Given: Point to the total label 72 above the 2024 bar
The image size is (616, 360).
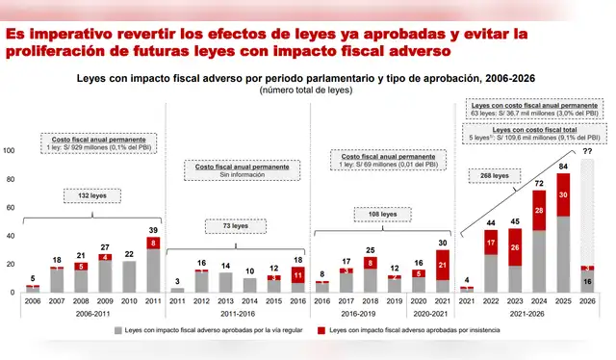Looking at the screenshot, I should (539, 183).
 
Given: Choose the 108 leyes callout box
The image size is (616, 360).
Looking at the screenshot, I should (382, 214).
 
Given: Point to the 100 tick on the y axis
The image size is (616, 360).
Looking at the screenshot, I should (10, 151).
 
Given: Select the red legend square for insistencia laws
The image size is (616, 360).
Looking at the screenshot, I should (322, 330).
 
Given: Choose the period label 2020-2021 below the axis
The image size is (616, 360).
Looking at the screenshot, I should (428, 313).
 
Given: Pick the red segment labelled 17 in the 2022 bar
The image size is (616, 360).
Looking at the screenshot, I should (491, 243).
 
